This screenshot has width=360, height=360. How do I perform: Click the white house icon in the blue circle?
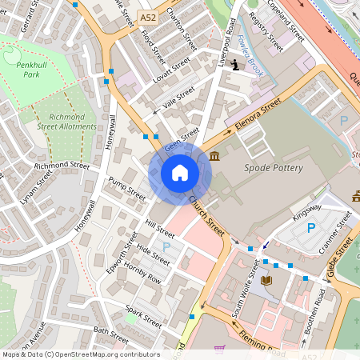tap(180, 172)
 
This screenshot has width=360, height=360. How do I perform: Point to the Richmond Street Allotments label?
tap(67, 122)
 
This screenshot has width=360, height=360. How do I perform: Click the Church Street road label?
tap(206, 214)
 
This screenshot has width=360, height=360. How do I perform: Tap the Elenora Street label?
tap(254, 116)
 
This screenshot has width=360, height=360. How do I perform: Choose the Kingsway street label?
tap(306, 210)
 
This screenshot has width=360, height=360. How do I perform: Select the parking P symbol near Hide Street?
tap(166, 247)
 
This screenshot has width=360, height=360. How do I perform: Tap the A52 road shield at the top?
tap(147, 15)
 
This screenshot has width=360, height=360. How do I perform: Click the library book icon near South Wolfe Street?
tap(266, 280)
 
